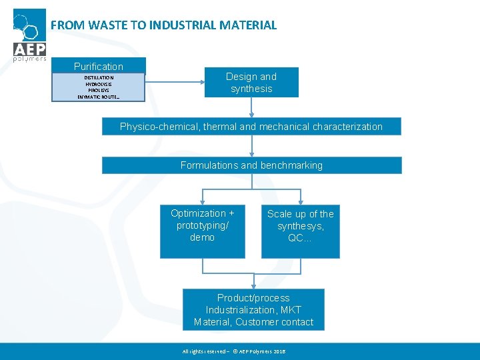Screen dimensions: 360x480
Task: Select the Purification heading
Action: [99, 66]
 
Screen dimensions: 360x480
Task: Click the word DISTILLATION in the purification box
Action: [99, 78]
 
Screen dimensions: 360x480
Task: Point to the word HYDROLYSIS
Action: [99, 84]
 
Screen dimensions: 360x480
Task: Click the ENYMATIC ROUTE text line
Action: [99, 97]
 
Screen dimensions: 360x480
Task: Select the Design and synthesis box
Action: [251, 83]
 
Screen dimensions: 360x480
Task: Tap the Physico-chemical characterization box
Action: [251, 127]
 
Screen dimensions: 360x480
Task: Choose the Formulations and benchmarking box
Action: [251, 165]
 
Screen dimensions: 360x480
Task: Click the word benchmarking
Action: [291, 165]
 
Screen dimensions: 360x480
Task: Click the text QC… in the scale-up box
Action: [300, 238]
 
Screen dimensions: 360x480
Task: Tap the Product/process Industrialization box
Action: [253, 310]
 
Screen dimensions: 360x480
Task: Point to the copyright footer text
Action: [233, 351]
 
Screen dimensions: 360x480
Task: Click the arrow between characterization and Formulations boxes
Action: [252, 146]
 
